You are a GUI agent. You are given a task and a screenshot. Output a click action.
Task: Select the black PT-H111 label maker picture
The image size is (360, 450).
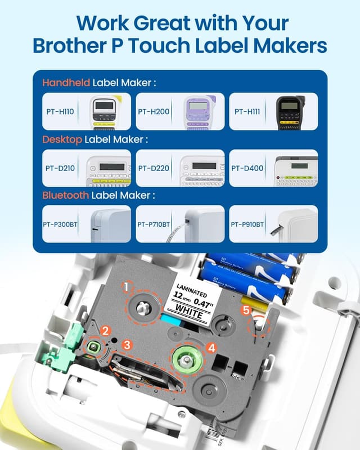click(x=290, y=111)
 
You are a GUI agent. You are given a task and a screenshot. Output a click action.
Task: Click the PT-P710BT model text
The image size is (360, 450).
click(x=154, y=224)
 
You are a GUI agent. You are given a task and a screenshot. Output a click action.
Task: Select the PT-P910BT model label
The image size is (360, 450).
click(x=247, y=224)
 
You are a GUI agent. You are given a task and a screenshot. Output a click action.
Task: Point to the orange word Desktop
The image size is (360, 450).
click(x=62, y=139)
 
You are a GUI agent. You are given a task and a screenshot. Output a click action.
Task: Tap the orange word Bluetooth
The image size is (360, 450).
click(x=65, y=195)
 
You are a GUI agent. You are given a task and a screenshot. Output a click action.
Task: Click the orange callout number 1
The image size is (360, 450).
click(x=127, y=287)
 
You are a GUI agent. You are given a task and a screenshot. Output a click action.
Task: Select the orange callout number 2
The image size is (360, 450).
click(x=105, y=331)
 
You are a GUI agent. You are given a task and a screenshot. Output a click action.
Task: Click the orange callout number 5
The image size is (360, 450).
click(x=245, y=310)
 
